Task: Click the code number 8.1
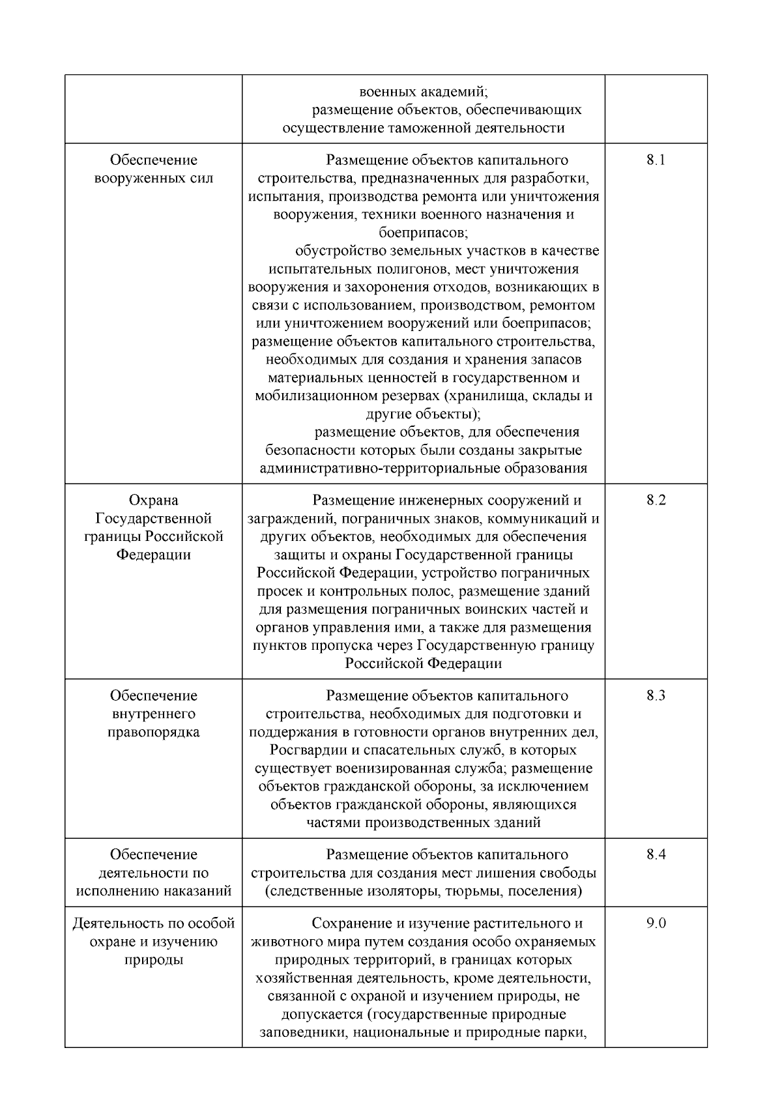tap(656, 160)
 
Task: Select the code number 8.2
tap(656, 501)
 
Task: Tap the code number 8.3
tap(656, 695)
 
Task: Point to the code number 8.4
tap(656, 854)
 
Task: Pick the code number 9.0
tap(656, 924)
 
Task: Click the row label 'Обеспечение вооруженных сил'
tap(153, 169)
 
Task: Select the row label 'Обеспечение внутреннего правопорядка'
tap(153, 714)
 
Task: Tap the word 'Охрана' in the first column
tap(153, 501)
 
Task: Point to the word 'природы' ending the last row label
tap(153, 960)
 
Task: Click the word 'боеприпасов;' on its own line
tap(423, 233)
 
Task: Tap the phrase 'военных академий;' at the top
tap(423, 91)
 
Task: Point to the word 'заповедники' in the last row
tap(301, 1033)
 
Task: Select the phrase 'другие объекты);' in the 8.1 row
tap(423, 415)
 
